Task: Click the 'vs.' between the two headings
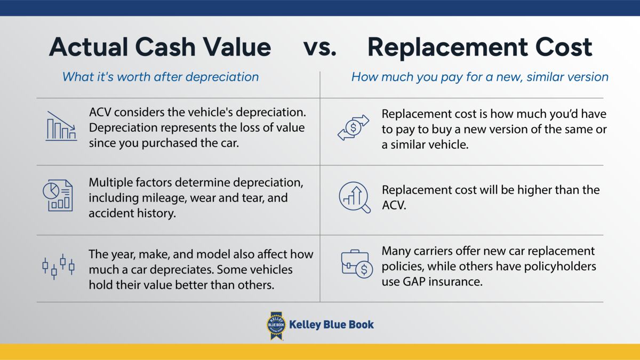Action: pyautogui.click(x=320, y=47)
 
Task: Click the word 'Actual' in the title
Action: pyautogui.click(x=88, y=47)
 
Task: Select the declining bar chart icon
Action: pyautogui.click(x=61, y=126)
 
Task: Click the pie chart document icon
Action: pyautogui.click(x=57, y=195)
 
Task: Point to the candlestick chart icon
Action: pyautogui.click(x=59, y=266)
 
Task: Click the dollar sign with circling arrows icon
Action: pyautogui.click(x=354, y=127)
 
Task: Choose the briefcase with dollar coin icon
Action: pyautogui.click(x=357, y=265)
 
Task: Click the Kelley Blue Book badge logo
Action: pyautogui.click(x=276, y=325)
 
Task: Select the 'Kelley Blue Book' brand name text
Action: pyautogui.click(x=331, y=324)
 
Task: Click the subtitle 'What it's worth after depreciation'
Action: pyautogui.click(x=160, y=76)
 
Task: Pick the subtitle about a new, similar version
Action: pyautogui.click(x=479, y=76)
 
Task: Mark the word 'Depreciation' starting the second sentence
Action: pyautogui.click(x=122, y=128)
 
